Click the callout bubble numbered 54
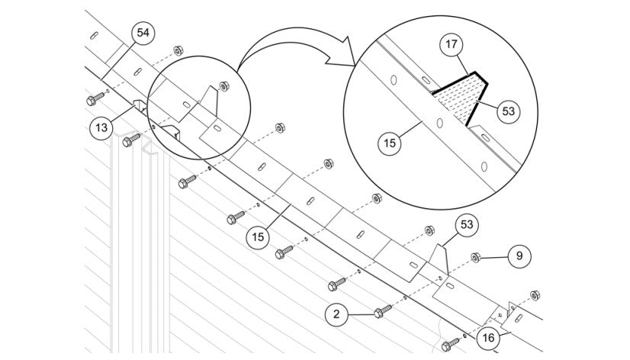143,33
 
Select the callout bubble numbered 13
101,128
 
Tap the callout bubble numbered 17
452,44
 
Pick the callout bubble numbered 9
519,256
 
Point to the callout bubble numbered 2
336,314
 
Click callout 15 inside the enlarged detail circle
390,143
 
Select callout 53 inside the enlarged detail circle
509,111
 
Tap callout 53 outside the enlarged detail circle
467,224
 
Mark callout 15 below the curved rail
258,237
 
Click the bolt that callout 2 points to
383,311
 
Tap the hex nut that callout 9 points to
476,258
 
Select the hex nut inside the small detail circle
224,86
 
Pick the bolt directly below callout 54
95,98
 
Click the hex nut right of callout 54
178,50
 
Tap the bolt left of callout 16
450,344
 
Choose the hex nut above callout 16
535,295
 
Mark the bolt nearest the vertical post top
131,140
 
